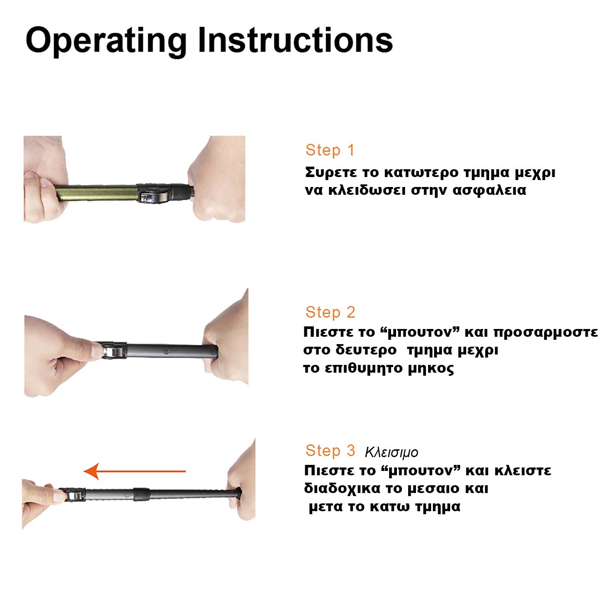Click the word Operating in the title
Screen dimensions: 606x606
(106, 42)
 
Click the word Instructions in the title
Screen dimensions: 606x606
(296, 40)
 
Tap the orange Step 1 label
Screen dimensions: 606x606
(330, 150)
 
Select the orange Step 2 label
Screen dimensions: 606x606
(330, 312)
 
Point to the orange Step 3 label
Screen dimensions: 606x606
(330, 450)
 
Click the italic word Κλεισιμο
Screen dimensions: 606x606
(391, 452)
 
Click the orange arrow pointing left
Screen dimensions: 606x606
(135, 471)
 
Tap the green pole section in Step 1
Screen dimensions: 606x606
(96, 193)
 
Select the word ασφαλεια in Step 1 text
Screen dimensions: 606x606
(489, 191)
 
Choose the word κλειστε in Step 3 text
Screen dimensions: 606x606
(522, 471)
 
